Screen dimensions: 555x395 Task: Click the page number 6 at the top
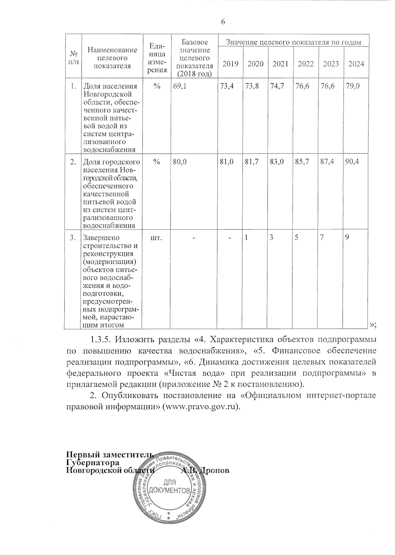223,22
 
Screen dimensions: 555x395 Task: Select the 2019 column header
230,64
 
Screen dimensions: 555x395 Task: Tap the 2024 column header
356,64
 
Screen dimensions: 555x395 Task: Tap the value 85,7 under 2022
302,162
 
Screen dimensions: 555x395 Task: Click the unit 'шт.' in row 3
156,238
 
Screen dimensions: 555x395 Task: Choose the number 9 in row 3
347,238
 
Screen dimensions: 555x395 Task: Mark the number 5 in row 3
297,238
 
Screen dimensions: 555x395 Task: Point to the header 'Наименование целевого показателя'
112,58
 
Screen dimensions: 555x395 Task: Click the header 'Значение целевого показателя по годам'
293,42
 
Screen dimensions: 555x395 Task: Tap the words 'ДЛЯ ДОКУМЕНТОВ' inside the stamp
169,487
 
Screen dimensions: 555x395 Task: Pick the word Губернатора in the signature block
92,462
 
